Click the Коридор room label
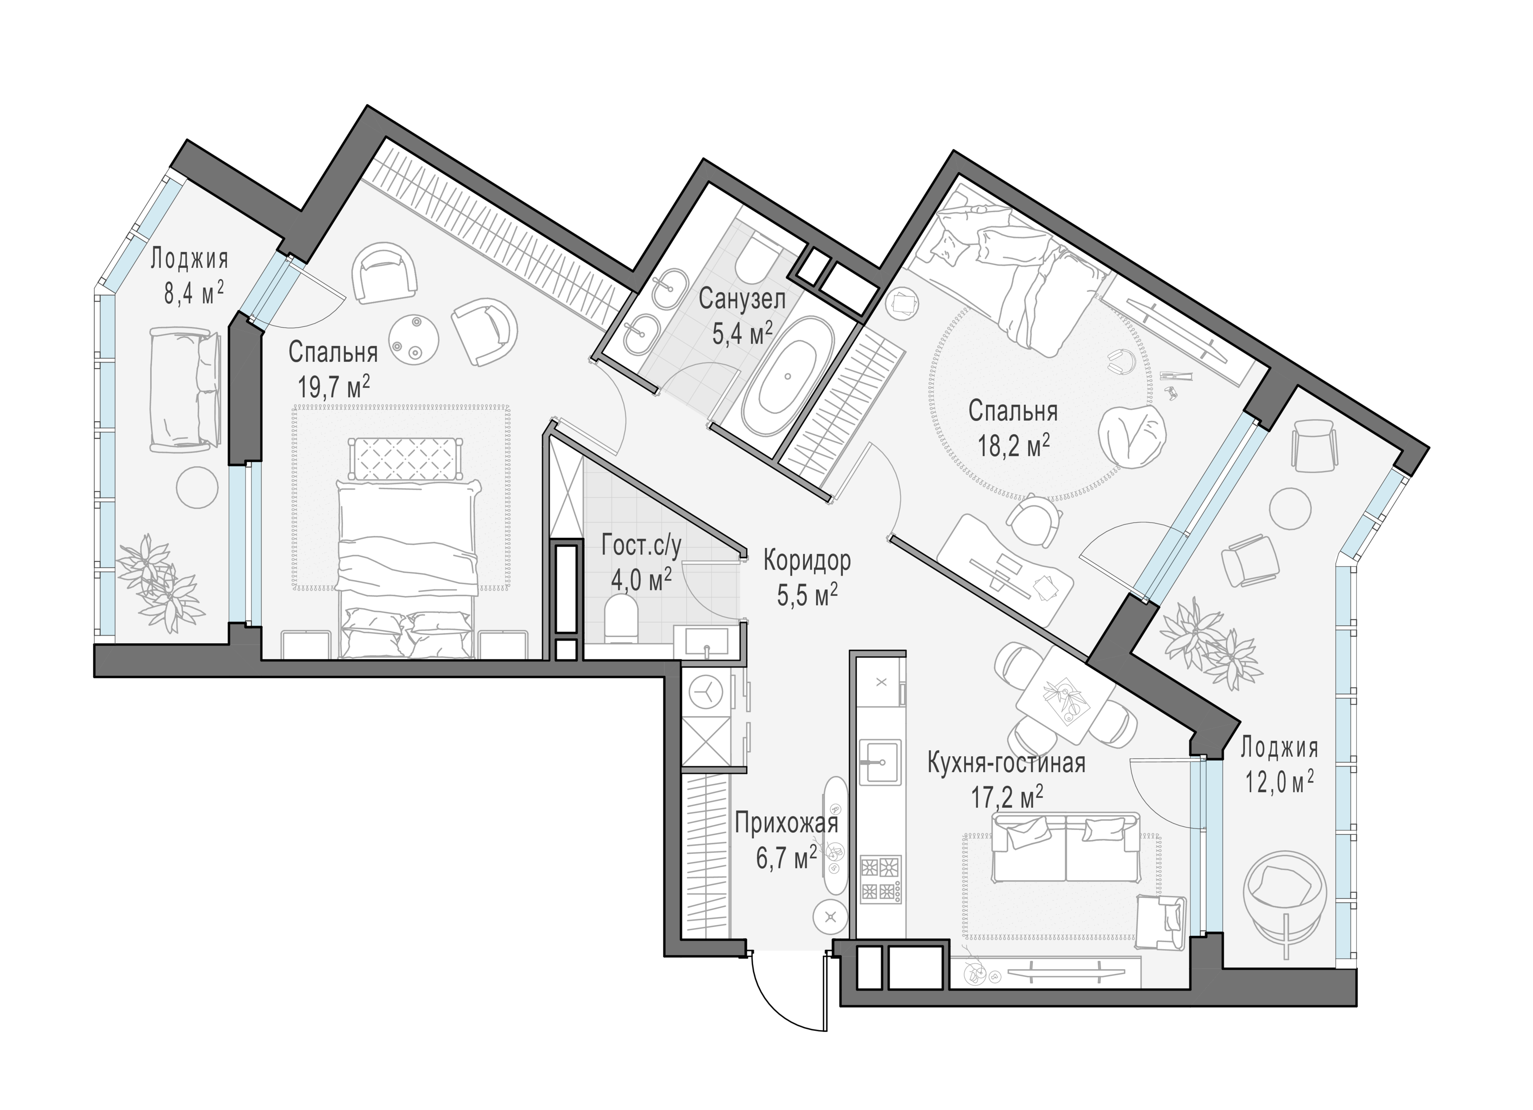pyautogui.click(x=807, y=560)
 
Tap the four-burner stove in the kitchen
pyautogui.click(x=881, y=879)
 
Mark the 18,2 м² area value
pyautogui.click(x=1013, y=445)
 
